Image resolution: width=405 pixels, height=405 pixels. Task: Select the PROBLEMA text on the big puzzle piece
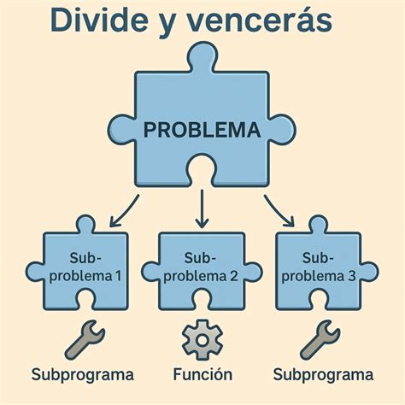[x=202, y=132]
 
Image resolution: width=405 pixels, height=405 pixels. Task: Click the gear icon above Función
[x=202, y=339]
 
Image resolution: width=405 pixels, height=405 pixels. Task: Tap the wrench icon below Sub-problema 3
[x=317, y=339]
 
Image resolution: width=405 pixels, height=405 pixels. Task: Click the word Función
[x=202, y=375]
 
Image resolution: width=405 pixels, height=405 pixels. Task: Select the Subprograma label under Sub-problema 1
[x=83, y=375]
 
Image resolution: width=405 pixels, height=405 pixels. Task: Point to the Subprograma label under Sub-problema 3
[x=323, y=375]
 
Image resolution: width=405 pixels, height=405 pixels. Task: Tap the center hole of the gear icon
[x=202, y=339]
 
